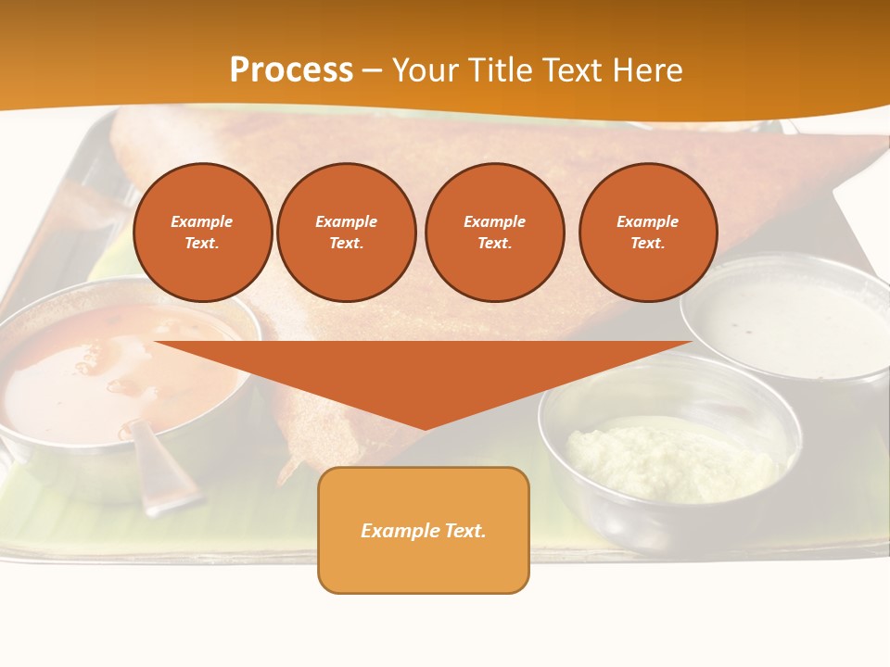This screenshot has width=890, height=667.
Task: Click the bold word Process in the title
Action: coord(291,70)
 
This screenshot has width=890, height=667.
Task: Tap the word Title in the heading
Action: coord(505,70)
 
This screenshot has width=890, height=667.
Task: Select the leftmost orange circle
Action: coord(203,233)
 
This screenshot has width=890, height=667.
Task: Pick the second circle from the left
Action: coord(347,233)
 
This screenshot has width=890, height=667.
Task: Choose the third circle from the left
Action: coord(495,233)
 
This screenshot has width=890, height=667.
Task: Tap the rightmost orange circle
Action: coord(648,233)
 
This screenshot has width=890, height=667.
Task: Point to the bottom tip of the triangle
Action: coord(425,427)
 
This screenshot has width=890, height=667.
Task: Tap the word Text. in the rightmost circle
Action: coord(648,244)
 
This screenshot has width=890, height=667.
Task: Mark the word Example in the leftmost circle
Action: coord(202,221)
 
